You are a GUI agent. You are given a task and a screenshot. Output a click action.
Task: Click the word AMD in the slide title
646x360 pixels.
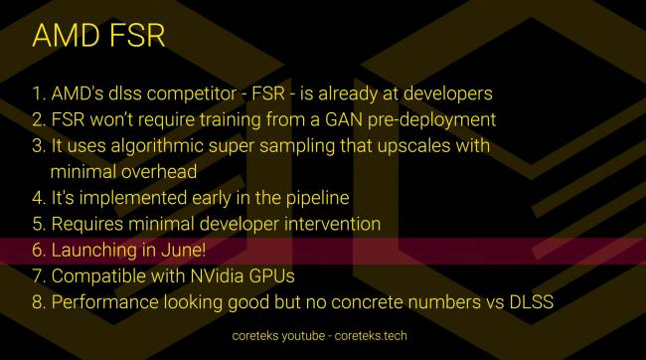tap(66, 37)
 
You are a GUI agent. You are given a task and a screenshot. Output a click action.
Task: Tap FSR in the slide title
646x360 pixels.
tap(135, 37)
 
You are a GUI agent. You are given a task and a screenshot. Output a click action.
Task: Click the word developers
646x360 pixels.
tap(442, 95)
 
